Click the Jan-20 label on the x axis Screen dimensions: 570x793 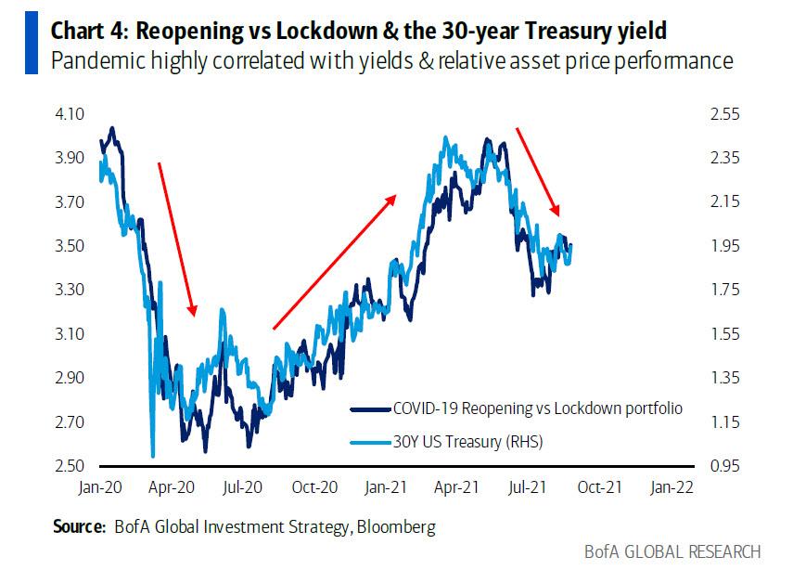click(100, 486)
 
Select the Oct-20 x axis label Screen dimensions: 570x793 click(314, 486)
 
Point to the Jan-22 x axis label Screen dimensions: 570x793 click(671, 486)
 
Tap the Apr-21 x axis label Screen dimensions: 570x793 click(457, 486)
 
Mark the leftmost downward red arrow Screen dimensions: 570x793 click(176, 239)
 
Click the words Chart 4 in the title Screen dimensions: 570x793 click(91, 30)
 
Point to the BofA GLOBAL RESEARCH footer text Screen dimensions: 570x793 click(671, 551)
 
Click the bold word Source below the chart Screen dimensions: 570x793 click(78, 527)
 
